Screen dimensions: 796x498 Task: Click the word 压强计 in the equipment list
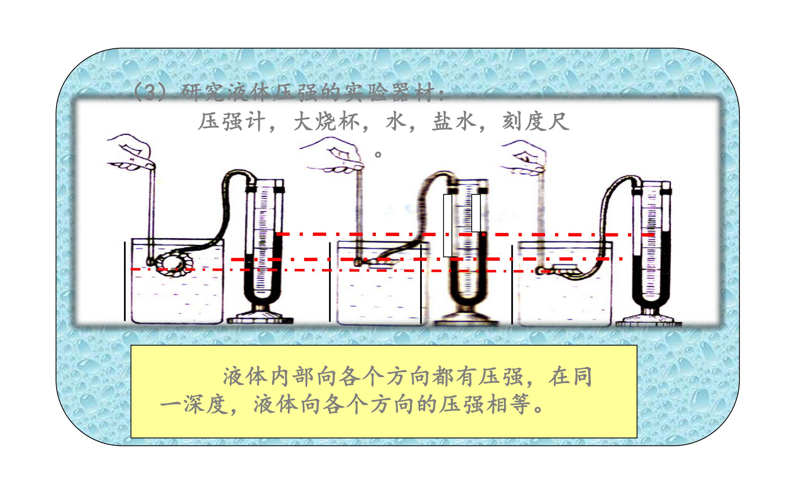[232, 122]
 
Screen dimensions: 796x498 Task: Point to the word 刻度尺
[535, 122]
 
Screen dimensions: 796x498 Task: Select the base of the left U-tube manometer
[260, 316]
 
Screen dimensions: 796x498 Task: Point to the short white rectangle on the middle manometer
[476, 213]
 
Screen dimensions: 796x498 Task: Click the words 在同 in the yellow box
[570, 377]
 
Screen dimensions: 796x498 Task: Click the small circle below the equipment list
[378, 154]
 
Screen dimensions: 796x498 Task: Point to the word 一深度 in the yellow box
[194, 404]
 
